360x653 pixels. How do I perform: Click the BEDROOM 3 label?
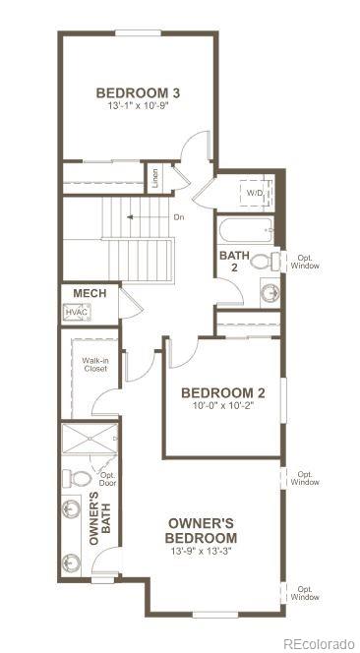click(x=137, y=93)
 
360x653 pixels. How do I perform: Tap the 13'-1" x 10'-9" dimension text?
click(x=137, y=107)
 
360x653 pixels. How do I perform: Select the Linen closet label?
click(x=154, y=178)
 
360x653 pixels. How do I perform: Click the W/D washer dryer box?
click(x=254, y=193)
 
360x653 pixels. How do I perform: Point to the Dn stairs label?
click(x=178, y=216)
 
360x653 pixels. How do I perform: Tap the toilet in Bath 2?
click(x=263, y=263)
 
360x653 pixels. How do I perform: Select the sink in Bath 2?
click(x=270, y=291)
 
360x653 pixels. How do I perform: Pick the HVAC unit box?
click(x=77, y=313)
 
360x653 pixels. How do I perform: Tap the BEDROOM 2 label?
click(x=223, y=392)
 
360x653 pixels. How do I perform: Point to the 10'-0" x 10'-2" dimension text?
click(x=223, y=406)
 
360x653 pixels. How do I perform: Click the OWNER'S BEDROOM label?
click(x=202, y=530)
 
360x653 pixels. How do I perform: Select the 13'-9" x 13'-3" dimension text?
click(x=202, y=551)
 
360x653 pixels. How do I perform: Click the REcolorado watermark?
click(x=317, y=643)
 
